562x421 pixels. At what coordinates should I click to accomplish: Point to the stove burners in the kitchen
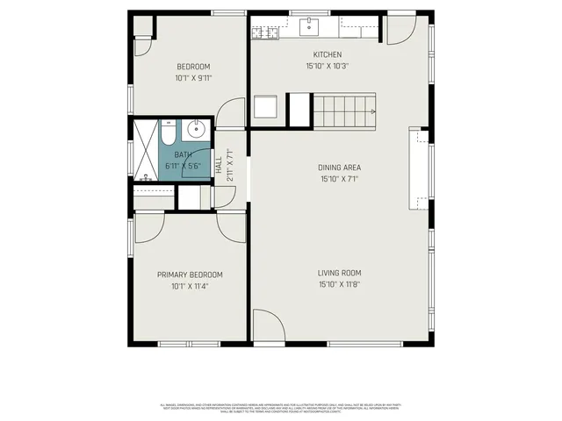(x=264, y=33)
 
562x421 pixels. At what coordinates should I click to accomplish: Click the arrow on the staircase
(x=373, y=111)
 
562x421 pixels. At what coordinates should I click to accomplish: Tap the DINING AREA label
(x=339, y=168)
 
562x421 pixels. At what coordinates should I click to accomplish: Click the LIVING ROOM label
(x=339, y=273)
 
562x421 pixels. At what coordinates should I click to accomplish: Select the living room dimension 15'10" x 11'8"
(x=339, y=284)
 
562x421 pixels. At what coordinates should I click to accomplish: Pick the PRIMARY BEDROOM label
(x=190, y=275)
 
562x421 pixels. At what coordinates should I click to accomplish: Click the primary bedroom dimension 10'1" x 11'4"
(x=190, y=286)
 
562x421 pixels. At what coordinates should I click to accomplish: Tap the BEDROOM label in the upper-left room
(x=193, y=67)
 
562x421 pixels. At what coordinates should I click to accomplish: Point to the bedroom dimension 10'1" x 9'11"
(x=193, y=78)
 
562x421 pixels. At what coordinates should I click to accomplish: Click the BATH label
(x=183, y=154)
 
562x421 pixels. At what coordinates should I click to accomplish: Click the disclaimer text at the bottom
(x=281, y=407)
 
